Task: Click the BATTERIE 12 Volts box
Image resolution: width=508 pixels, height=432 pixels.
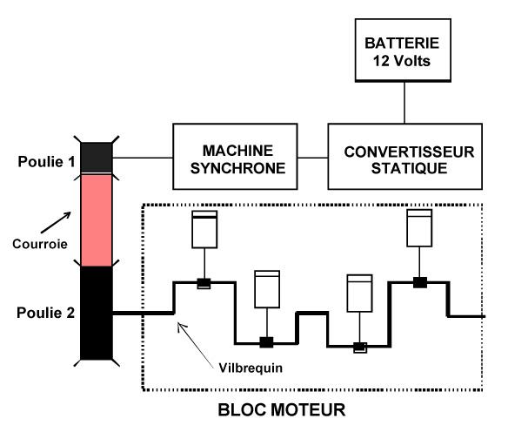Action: tap(403, 50)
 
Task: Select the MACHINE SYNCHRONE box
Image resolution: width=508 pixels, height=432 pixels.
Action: tap(235, 156)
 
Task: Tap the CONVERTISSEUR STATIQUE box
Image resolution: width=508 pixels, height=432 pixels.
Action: tap(405, 156)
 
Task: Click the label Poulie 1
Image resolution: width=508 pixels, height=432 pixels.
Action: tap(46, 161)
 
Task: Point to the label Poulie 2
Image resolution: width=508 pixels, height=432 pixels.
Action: tap(46, 313)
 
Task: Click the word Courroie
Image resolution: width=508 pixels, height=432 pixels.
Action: tap(40, 244)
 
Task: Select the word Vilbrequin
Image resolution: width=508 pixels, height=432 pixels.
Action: tap(251, 368)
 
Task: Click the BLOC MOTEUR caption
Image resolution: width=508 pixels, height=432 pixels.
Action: tap(282, 409)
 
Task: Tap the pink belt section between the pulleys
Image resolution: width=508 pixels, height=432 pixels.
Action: tap(97, 220)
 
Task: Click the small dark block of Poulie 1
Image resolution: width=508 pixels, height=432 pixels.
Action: tap(97, 158)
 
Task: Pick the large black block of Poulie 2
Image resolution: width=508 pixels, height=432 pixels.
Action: tap(97, 313)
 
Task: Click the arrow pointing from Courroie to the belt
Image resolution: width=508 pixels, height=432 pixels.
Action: tap(56, 222)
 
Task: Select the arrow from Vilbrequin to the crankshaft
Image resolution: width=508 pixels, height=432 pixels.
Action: tap(196, 345)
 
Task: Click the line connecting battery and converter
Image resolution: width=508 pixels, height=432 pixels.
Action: tap(404, 103)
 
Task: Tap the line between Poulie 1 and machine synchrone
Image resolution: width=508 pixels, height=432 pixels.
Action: tap(143, 158)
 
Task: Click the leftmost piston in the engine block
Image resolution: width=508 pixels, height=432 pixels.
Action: tap(204, 229)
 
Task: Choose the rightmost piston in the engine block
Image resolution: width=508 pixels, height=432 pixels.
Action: tap(419, 227)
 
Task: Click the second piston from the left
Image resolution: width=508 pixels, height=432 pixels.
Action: tap(267, 289)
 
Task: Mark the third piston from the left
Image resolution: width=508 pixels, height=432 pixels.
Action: tap(359, 294)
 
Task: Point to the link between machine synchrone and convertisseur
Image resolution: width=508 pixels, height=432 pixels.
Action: tap(312, 158)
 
